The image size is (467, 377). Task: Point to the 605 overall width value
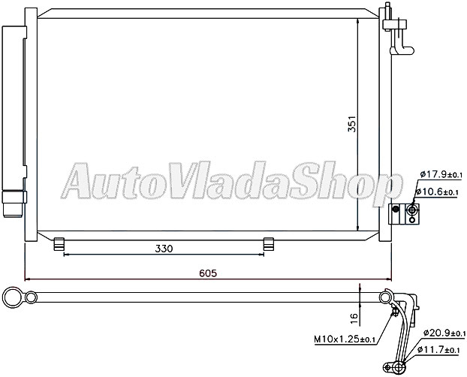pos(209,274)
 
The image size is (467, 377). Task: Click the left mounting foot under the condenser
pos(61,243)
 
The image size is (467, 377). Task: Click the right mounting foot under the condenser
pos(269,243)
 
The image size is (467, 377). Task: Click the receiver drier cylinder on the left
pos(13,113)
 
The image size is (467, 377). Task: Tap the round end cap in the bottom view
pos(12,298)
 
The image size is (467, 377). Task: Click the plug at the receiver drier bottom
pos(13,203)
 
